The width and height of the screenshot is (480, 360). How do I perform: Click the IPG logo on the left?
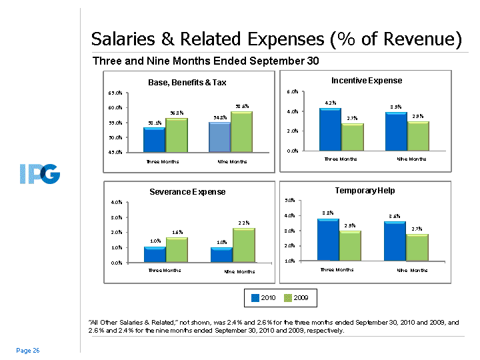pyautogui.click(x=39, y=175)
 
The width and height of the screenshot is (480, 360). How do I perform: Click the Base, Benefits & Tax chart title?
pyautogui.click(x=187, y=83)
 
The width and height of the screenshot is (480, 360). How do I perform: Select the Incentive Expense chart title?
pyautogui.click(x=367, y=80)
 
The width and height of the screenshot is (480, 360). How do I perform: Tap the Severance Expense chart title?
pyautogui.click(x=187, y=192)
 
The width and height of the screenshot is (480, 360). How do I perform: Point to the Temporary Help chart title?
pyautogui.click(x=365, y=191)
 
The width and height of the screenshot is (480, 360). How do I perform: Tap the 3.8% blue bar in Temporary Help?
pyautogui.click(x=328, y=239)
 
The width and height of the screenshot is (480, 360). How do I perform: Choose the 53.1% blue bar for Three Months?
pyautogui.click(x=155, y=140)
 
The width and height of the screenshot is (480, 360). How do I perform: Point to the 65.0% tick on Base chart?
pyautogui.click(x=114, y=92)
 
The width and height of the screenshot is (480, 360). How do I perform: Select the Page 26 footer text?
pyautogui.click(x=28, y=351)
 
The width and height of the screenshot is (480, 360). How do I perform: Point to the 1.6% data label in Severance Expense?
pyautogui.click(x=177, y=232)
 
